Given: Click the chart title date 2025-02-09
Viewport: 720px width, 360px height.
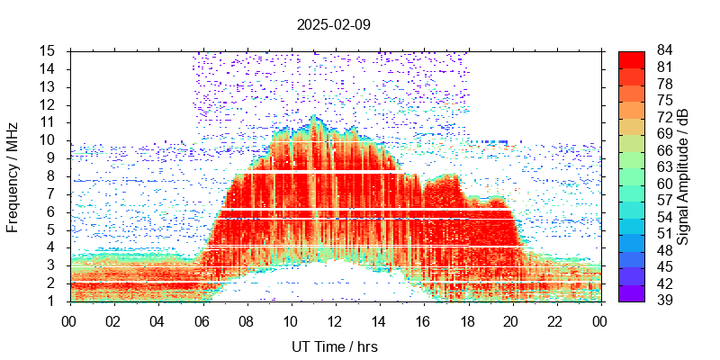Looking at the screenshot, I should (333, 24).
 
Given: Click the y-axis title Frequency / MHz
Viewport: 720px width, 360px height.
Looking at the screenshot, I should (13, 175).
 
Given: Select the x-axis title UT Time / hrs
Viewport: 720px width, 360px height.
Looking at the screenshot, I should (334, 346).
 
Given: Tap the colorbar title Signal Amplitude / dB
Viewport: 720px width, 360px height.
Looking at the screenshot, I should (683, 175).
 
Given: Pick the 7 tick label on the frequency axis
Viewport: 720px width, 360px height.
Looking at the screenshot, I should (53, 193).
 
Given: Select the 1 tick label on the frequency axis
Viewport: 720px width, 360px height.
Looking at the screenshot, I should (53, 301).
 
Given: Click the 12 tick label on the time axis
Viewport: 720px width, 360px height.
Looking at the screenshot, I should (335, 320).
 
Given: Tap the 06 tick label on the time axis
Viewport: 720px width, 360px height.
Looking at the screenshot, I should (202, 320).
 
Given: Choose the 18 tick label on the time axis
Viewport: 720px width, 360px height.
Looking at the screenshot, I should (467, 320).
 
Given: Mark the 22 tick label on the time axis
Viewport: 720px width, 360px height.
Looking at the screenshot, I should (555, 320).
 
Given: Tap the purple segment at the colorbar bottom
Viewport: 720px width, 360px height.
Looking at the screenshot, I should (631, 292).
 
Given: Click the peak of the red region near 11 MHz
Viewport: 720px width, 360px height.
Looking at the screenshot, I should (313, 117).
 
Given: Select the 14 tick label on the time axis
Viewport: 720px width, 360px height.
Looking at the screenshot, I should (379, 320).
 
